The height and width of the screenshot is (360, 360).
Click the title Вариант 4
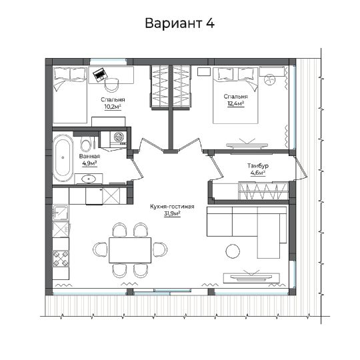(180, 23)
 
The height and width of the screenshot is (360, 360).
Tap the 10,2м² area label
(113, 107)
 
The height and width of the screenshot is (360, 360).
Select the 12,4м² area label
(236, 103)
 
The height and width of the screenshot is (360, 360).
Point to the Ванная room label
(89, 157)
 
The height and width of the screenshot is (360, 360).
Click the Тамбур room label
(258, 165)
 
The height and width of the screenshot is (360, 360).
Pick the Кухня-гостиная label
(172, 207)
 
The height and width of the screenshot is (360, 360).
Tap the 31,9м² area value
(172, 213)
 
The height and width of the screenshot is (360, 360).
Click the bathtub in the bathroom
(63, 158)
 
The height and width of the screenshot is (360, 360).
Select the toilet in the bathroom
(85, 144)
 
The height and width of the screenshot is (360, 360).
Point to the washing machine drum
(119, 137)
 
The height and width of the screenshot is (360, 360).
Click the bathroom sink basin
(89, 179)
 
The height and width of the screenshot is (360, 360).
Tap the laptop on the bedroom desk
(100, 74)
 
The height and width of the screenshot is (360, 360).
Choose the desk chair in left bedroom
(111, 85)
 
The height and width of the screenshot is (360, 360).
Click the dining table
(130, 250)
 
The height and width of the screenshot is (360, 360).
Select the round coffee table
(233, 251)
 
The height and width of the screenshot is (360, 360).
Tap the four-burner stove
(61, 258)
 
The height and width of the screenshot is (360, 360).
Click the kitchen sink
(61, 213)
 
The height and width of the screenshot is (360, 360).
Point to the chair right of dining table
(160, 249)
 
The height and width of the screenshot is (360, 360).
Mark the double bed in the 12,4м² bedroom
(236, 95)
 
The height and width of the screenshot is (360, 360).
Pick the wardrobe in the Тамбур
(263, 191)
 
